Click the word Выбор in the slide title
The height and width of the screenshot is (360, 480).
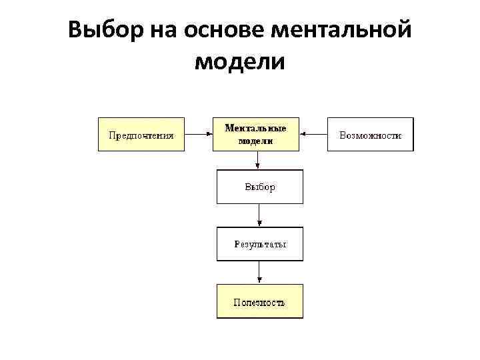click(x=107, y=30)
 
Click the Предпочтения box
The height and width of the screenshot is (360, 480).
click(x=141, y=135)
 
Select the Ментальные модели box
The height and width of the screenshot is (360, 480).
click(x=256, y=135)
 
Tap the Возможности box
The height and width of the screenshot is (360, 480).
click(x=370, y=135)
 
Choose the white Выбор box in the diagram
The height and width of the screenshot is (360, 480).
click(x=259, y=187)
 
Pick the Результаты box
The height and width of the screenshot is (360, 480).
click(x=259, y=244)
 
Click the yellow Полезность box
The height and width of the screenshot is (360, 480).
click(x=259, y=301)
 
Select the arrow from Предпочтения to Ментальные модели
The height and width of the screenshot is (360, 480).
click(x=199, y=134)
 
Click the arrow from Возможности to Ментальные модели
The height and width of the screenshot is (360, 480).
click(x=313, y=134)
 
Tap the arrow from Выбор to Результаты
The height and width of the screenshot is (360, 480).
click(x=259, y=215)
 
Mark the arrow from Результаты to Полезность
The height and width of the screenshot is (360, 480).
click(x=259, y=273)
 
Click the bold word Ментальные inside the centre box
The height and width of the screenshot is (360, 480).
click(x=256, y=128)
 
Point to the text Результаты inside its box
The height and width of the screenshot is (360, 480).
click(x=260, y=245)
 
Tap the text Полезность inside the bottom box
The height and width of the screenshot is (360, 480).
click(x=259, y=302)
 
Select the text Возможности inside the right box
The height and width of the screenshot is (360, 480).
click(x=370, y=135)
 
